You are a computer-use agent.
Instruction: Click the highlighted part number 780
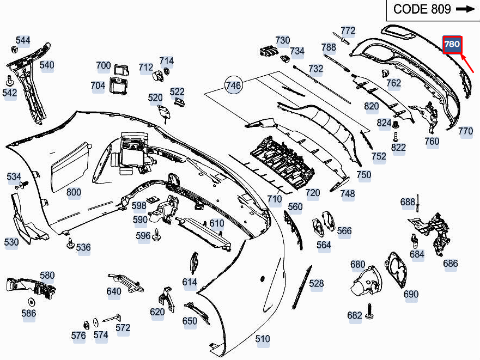coord(452,44)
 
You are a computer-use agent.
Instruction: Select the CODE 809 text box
coord(433,9)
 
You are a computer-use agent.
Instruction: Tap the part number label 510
coord(263,339)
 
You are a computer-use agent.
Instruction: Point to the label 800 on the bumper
coord(74,192)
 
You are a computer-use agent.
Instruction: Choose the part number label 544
coord(23,40)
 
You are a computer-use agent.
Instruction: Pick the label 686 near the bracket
coord(451,264)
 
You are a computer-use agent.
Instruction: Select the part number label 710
coord(275,199)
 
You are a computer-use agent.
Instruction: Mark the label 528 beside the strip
coord(316,283)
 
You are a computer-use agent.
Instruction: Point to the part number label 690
coord(411,294)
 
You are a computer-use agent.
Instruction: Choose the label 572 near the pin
coord(123,327)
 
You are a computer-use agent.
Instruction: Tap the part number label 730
coord(283,40)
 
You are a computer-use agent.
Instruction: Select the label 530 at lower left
coord(11,242)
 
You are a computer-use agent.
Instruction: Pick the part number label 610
coord(216,223)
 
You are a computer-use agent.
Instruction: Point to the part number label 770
coord(465,131)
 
